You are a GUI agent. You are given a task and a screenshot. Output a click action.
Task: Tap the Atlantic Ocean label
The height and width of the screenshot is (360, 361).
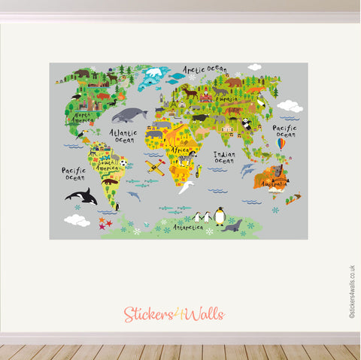123,135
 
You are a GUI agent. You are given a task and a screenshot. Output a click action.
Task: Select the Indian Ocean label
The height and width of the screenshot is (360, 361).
224,156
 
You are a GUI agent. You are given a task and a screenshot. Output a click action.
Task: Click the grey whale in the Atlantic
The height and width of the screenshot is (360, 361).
129,115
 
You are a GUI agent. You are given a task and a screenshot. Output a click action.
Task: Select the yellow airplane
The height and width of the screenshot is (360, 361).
156,167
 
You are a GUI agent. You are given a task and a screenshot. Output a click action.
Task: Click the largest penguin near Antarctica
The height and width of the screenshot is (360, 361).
220,216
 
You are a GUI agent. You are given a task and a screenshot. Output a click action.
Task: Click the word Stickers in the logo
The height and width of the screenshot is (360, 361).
146,314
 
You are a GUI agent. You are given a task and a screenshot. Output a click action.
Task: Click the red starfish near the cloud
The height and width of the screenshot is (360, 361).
102,225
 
